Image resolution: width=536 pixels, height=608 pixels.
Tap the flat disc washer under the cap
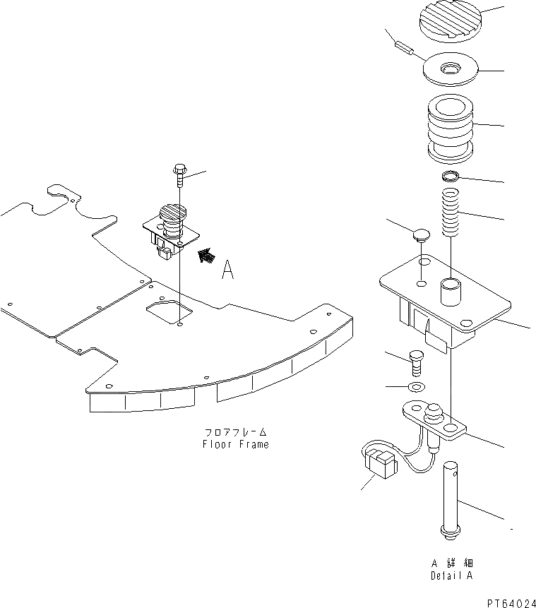[450, 70]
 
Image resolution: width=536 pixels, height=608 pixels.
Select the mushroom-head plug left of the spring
[421, 234]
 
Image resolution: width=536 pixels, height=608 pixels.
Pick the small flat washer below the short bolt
[416, 387]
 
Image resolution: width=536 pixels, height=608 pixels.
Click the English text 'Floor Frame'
[236, 445]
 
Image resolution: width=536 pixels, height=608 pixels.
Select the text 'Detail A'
[452, 576]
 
